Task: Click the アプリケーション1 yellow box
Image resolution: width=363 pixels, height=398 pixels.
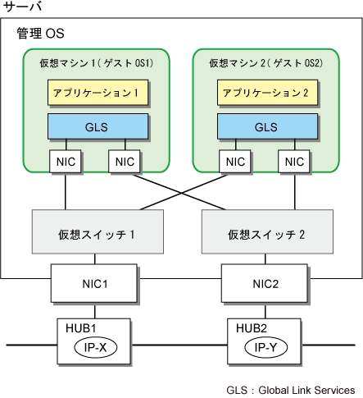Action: coord(98,93)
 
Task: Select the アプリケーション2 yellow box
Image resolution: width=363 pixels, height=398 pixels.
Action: coord(267,93)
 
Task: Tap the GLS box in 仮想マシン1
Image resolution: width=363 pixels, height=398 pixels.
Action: coord(98,126)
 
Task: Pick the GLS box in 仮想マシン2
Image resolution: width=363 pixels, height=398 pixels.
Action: coord(267,126)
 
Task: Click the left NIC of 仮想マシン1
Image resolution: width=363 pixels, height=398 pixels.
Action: coord(66,162)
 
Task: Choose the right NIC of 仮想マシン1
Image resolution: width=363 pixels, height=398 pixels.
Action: coord(125,162)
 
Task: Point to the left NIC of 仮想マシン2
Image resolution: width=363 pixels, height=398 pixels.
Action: coord(235,162)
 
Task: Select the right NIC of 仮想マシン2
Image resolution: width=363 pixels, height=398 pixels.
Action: coord(294,162)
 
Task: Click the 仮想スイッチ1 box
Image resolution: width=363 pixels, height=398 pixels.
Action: coord(98,231)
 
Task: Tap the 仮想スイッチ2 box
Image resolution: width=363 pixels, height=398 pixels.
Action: coord(267,231)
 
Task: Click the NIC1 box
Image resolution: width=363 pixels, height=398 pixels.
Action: coord(94,283)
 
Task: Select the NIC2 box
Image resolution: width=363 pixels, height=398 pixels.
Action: coord(265,283)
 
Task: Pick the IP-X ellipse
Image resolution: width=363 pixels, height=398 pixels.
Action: coord(96,347)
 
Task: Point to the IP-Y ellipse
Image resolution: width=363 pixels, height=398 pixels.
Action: coord(265,347)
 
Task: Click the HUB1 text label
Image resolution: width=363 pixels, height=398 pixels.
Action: coord(80,328)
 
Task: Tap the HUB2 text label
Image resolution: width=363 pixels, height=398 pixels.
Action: coord(252,328)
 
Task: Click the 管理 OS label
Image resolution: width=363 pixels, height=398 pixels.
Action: coord(40,34)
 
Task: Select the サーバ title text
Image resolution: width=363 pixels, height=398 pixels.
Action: coord(22,7)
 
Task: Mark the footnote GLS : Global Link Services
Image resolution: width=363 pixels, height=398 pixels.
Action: coord(291,390)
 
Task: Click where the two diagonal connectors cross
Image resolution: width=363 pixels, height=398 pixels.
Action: coord(181,193)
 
